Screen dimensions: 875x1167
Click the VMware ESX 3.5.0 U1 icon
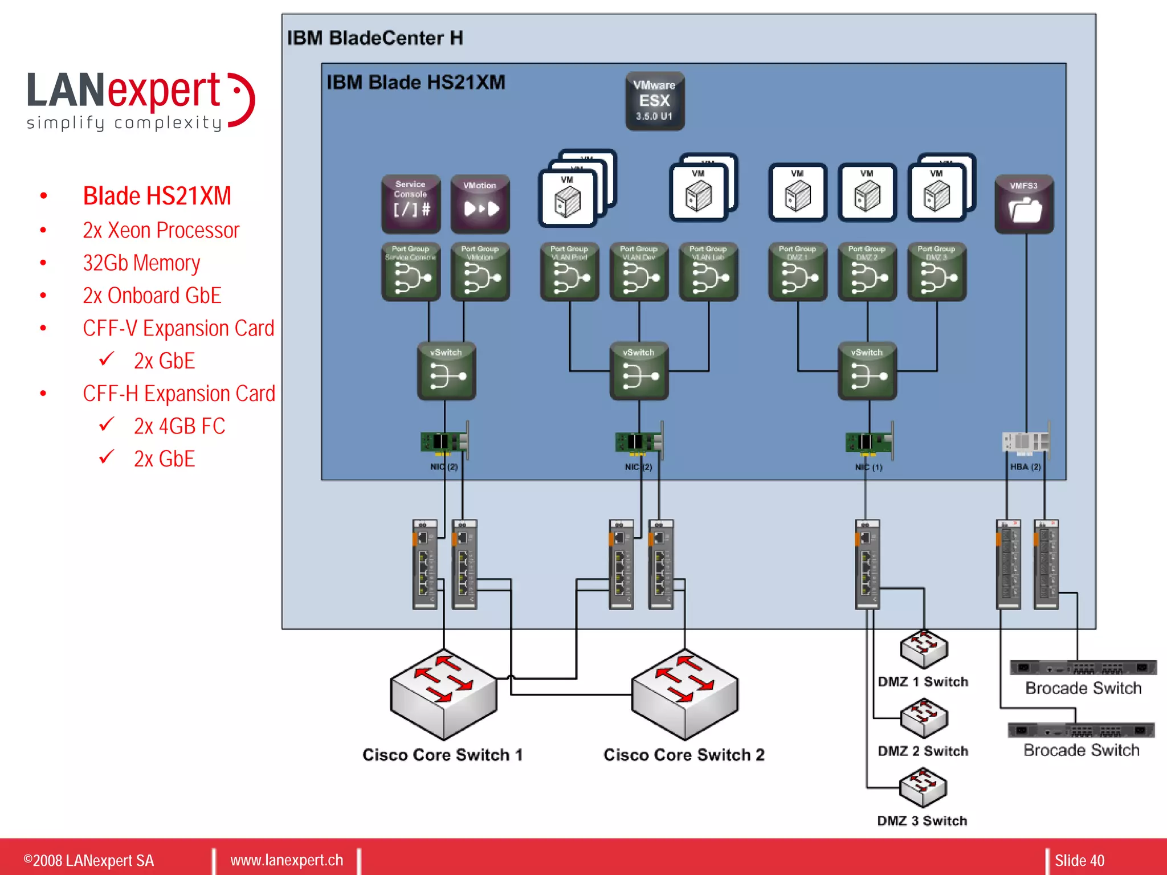click(655, 101)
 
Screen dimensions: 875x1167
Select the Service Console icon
click(410, 203)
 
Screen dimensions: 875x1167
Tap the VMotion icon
click(480, 203)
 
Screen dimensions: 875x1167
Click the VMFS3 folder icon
click(1024, 204)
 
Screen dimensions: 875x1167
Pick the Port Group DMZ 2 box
click(867, 272)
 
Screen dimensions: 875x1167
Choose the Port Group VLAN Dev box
click(639, 272)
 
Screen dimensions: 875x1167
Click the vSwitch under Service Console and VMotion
click(446, 370)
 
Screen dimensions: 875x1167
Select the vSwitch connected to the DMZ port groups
click(867, 370)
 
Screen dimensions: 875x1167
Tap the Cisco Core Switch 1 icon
click(443, 695)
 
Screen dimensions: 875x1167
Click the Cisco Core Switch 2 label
click(684, 755)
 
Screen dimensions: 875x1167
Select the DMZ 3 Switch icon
click(923, 787)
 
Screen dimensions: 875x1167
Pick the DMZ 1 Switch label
click(923, 682)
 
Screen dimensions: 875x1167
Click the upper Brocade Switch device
click(1083, 668)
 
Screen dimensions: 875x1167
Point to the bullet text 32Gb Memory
click(141, 263)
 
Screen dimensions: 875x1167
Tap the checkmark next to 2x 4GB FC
click(107, 425)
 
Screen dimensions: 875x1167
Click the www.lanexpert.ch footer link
click(287, 860)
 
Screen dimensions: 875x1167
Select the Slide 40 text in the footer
click(1079, 860)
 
